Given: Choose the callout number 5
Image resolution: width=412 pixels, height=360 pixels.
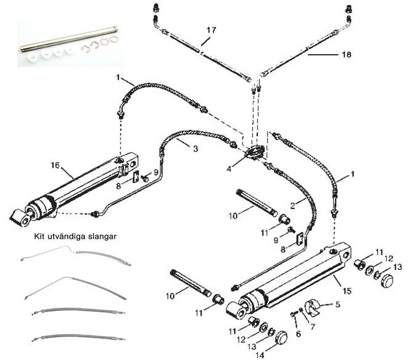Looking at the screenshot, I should click(339, 305).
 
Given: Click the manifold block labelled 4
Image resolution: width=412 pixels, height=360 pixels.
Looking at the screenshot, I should click(252, 151).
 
